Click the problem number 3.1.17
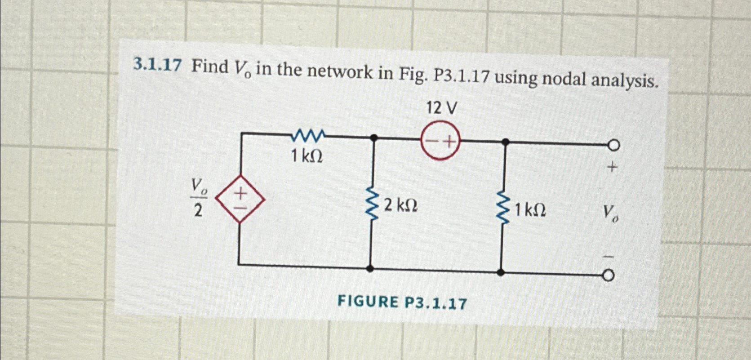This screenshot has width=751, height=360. pyautogui.click(x=157, y=66)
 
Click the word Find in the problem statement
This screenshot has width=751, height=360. pyautogui.click(x=210, y=67)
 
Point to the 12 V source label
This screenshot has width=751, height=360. pyautogui.click(x=442, y=108)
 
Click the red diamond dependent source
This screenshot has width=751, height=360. pyautogui.click(x=240, y=199)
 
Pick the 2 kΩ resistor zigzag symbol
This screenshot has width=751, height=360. pyautogui.click(x=371, y=206)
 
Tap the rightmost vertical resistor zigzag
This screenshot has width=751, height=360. pyautogui.click(x=503, y=209)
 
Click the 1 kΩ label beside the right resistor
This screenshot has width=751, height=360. pyautogui.click(x=531, y=209)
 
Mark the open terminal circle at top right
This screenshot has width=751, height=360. pyautogui.click(x=614, y=145)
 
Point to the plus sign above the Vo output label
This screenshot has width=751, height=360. pyautogui.click(x=612, y=168)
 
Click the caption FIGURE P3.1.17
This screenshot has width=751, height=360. pyautogui.click(x=402, y=302)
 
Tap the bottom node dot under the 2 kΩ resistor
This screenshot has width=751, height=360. pyautogui.click(x=370, y=268)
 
